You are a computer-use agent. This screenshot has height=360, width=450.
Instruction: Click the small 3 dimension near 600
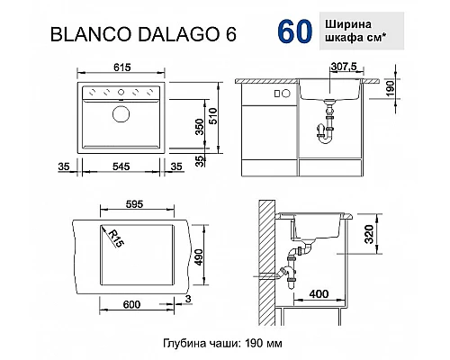point(188,298)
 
